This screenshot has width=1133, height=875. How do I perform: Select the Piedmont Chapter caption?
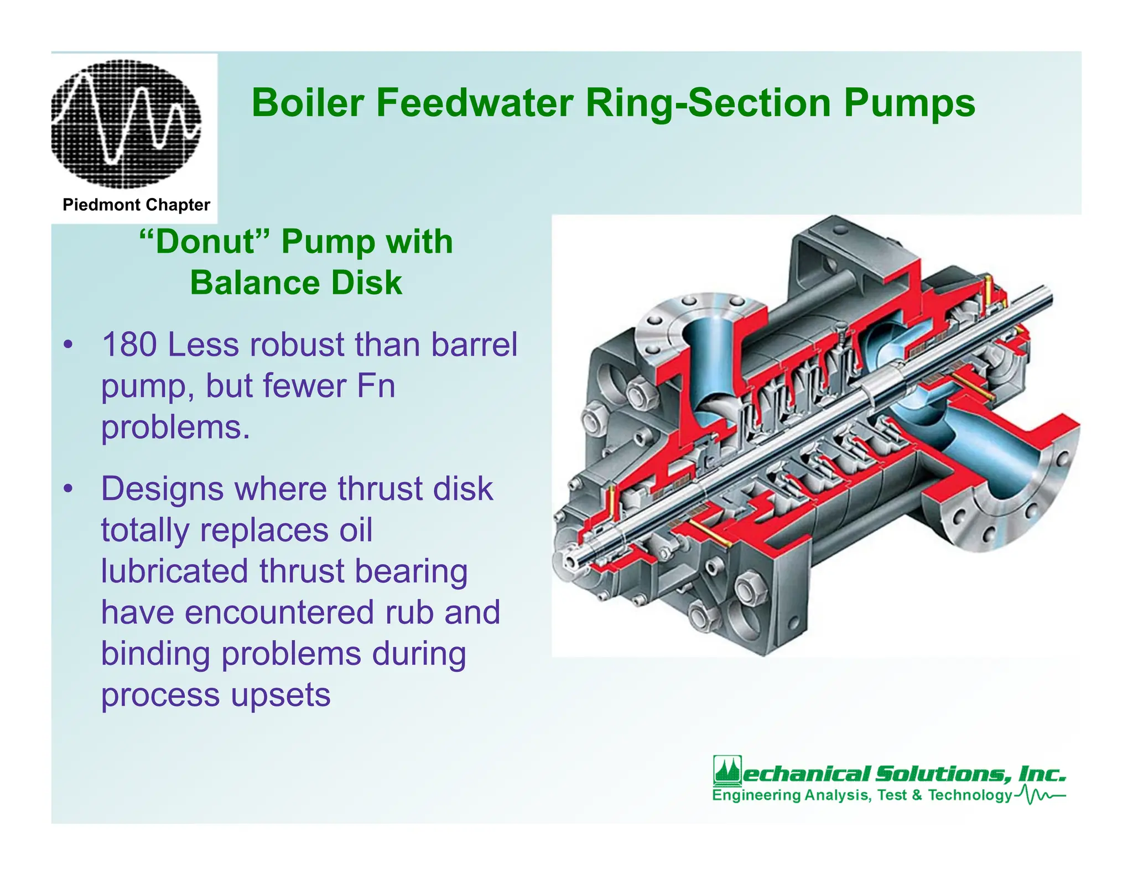[136, 205]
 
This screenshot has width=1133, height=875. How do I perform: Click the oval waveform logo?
[126, 124]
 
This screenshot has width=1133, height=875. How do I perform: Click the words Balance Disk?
[296, 283]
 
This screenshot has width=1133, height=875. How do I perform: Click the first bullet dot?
[67, 345]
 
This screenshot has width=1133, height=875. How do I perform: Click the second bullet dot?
[67, 489]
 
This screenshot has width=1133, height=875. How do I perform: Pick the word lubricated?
[174, 571]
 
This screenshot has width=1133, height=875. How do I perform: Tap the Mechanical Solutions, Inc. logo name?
[903, 773]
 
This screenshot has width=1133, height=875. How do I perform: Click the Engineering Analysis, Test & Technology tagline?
[861, 795]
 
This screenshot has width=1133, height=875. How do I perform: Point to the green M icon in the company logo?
[726, 770]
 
